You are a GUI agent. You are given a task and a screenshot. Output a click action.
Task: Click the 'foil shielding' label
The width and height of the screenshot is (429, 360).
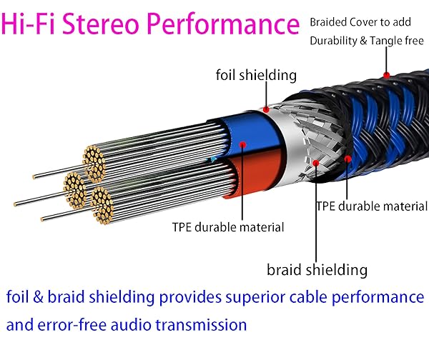pyautogui.click(x=255, y=75)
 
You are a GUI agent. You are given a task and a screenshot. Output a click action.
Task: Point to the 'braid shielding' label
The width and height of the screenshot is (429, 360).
pyautogui.click(x=317, y=269)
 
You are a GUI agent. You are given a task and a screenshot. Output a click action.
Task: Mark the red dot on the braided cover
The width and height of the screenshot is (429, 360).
pyautogui.click(x=387, y=74)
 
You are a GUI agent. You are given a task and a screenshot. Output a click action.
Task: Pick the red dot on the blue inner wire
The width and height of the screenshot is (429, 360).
pyautogui.click(x=242, y=145)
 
